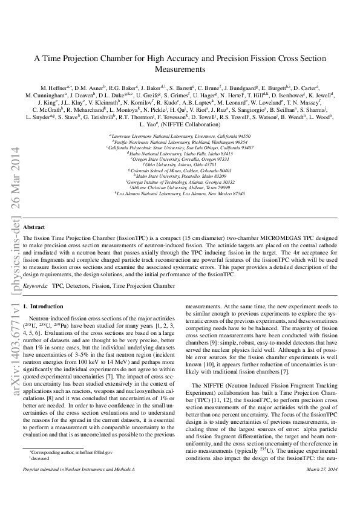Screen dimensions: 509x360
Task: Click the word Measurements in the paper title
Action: coord(180,70)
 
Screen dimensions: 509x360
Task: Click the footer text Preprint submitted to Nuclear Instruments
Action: coord(79,502)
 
